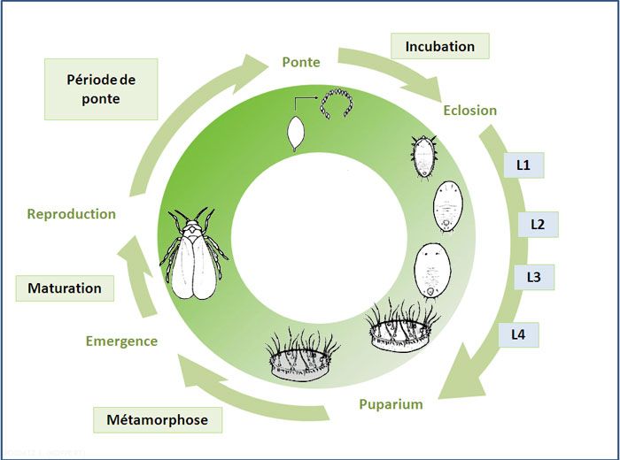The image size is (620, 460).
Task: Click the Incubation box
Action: coord(439,46)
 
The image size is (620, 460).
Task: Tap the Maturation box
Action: coord(65,288)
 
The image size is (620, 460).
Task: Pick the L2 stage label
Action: coord(537,224)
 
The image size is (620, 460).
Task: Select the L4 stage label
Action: coord(518,334)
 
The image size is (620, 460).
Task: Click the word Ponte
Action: coord(301,62)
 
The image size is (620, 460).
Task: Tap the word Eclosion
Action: coord(469,111)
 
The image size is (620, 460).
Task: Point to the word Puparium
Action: coord(391,404)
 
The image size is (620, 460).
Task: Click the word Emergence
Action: coord(121,341)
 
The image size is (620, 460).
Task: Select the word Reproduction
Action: coord(71,213)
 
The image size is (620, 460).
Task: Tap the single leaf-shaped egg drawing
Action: coord(294,135)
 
